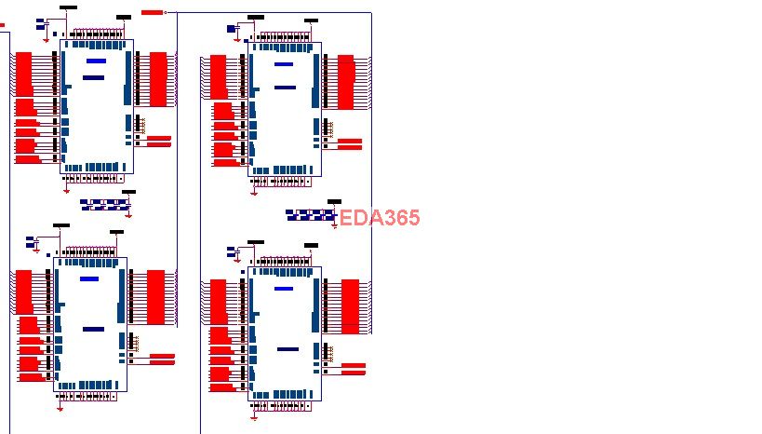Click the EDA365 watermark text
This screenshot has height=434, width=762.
click(x=380, y=218)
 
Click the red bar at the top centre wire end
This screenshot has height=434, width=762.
click(x=152, y=12)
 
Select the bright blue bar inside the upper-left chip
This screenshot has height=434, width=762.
click(x=95, y=61)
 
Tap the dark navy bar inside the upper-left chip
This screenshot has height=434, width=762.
click(x=93, y=77)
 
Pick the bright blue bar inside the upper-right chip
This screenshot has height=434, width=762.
click(x=284, y=64)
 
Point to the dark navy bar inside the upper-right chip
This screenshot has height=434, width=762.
click(x=285, y=88)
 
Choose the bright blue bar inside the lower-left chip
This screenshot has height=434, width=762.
click(x=89, y=278)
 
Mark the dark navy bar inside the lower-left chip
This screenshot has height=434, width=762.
click(x=93, y=329)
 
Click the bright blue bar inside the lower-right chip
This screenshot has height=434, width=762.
click(x=284, y=289)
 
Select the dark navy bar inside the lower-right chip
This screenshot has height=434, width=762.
click(x=287, y=349)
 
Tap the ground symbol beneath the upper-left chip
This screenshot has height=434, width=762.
click(x=66, y=191)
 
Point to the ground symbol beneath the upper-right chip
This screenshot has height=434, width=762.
click(x=255, y=193)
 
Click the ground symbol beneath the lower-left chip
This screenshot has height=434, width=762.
click(x=60, y=407)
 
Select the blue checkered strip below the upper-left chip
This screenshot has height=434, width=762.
click(x=105, y=202)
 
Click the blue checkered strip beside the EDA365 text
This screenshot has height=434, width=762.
click(x=310, y=215)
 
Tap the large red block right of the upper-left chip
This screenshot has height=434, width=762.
click(x=158, y=79)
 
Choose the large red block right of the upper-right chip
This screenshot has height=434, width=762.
click(x=346, y=82)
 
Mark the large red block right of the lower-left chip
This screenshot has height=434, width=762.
click(x=155, y=298)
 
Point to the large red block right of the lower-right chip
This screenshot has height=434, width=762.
click(x=350, y=306)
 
